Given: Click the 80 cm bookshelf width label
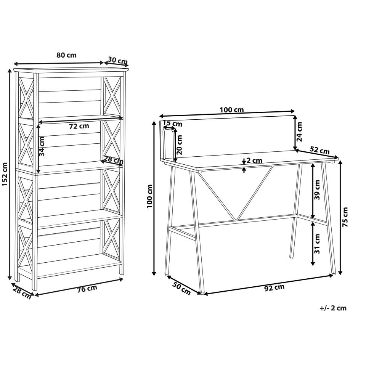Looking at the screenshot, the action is tap(66, 55).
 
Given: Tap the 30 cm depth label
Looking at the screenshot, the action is tap(118, 61).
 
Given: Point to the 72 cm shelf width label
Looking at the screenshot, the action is tap(79, 126).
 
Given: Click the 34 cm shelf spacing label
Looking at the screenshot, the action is tap(42, 146).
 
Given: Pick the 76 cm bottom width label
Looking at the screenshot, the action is tap(87, 289).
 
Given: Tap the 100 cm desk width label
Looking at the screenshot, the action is tap(232, 110).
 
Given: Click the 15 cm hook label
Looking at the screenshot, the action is tap(172, 123).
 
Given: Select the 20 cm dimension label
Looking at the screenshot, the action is tap(179, 145).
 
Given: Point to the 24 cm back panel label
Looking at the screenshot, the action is tap(300, 132).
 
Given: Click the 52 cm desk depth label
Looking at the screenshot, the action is tap(319, 150).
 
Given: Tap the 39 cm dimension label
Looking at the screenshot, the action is tap(317, 189).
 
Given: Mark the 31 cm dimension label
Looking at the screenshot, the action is tap(317, 244).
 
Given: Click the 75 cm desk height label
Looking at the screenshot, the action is tap(345, 217).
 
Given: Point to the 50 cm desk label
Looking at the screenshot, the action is tap(181, 288).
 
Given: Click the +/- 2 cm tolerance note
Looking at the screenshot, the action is tap(333, 308).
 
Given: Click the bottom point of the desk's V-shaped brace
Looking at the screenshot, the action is tap(236, 220).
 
